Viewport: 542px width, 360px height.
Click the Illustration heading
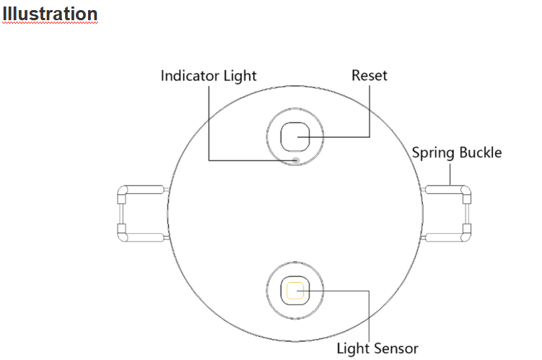[50, 14]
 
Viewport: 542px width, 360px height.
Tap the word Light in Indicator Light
[237, 75]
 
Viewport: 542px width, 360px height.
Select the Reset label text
[369, 75]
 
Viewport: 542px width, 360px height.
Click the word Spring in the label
[434, 153]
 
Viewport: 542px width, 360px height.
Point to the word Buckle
[480, 153]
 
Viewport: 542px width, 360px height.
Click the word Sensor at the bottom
[395, 348]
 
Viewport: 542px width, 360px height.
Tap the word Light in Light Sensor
[354, 348]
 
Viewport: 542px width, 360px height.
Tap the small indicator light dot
[297, 159]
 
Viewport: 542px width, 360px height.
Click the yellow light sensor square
[294, 291]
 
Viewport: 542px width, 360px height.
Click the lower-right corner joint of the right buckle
[466, 232]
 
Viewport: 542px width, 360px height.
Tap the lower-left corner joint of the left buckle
[122, 233]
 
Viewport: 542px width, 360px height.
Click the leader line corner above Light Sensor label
[370, 291]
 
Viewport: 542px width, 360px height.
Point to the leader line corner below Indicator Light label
[209, 159]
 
